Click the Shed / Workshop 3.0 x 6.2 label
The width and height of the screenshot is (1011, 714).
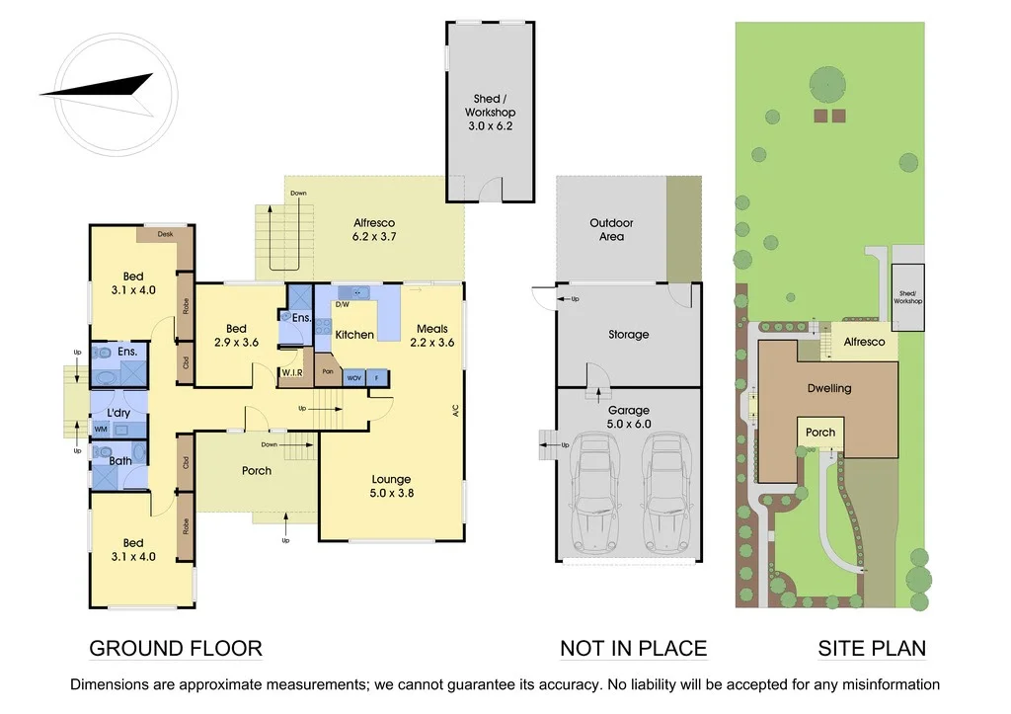pos(491,113)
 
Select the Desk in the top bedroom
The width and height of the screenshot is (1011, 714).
pos(165,234)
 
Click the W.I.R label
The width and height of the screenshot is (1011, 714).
pos(291,372)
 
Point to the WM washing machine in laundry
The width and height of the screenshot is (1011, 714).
pos(101,429)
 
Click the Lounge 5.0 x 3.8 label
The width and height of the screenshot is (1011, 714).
pos(391,486)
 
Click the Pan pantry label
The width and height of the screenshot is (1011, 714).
pos(327,372)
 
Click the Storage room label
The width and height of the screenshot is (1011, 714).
pos(628,335)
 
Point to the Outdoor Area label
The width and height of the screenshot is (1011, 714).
pos(611,230)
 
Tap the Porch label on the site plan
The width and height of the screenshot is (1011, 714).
pos(819,433)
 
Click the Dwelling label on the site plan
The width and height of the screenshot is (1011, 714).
pos(828,388)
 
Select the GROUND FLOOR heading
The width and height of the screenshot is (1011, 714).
pos(176,649)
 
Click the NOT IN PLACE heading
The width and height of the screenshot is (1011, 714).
pos(633,649)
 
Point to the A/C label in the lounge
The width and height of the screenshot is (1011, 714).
pos(456,409)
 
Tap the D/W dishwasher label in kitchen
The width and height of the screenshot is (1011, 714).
pos(342,305)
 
